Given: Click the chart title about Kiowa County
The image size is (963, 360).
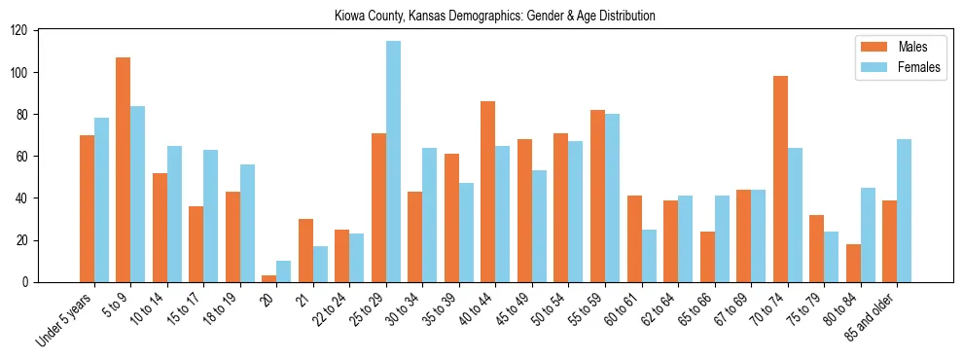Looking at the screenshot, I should (494, 16).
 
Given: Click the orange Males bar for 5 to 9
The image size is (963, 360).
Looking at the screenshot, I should (124, 170).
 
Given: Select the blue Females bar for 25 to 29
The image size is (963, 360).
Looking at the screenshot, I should (393, 162).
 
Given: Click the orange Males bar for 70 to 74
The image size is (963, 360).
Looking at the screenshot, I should (780, 179).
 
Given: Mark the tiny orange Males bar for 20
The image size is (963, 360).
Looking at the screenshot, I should (269, 279).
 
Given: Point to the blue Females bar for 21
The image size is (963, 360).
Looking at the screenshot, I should (320, 265).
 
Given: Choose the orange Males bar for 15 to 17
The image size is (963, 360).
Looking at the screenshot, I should (196, 244).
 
